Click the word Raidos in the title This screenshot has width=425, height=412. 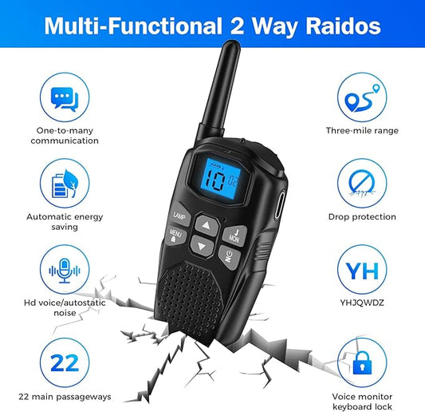343,26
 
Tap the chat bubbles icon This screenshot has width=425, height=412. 65,99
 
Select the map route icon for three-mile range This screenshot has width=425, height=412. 362,97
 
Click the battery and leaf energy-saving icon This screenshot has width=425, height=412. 65,184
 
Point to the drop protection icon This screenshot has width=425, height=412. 362,184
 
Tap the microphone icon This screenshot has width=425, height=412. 65,271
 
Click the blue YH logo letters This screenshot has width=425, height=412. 362,271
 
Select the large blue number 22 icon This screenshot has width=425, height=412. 65,362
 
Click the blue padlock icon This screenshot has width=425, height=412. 362,363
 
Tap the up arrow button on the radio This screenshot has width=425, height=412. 207,225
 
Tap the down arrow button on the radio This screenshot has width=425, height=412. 202,246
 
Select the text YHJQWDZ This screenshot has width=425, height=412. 362,303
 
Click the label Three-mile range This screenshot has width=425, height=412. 362,131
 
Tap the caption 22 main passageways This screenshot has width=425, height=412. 65,397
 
